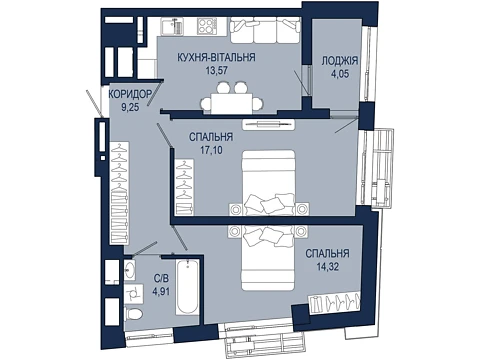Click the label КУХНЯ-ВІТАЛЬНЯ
[216, 57]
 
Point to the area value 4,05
[340, 74]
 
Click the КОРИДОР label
[130, 94]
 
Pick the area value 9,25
[130, 107]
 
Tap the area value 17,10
[211, 150]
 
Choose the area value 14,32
[327, 267]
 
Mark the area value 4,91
[161, 292]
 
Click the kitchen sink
[172, 26]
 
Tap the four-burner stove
[206, 26]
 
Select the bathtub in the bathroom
[188, 287]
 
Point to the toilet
[133, 314]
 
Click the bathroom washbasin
[130, 269]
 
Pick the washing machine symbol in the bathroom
[134, 294]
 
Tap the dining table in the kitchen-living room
[231, 104]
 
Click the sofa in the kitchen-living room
[265, 30]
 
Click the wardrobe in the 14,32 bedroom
[334, 304]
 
